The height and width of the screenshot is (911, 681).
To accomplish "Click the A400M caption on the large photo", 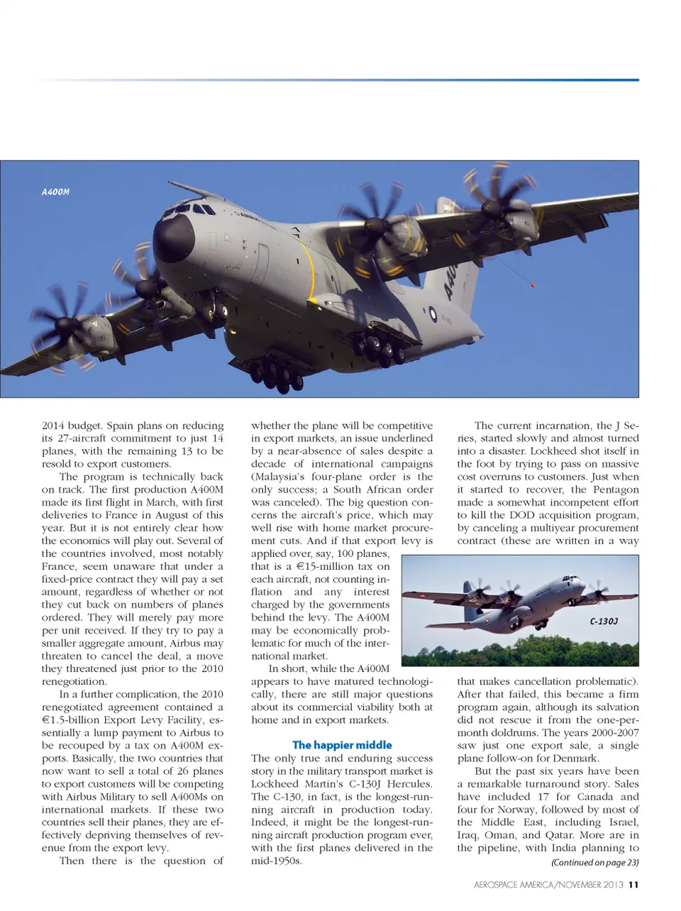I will tap(55, 192).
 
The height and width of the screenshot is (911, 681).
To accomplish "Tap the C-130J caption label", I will tap(604, 622).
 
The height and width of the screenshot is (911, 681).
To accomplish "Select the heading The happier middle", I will tap(342, 745).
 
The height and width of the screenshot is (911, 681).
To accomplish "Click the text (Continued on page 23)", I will tap(594, 863).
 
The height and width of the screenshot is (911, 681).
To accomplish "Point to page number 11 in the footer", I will tap(633, 885).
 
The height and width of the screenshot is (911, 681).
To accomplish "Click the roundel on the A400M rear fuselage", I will tap(433, 313).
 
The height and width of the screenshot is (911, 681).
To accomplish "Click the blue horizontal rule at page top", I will tap(340, 80).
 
